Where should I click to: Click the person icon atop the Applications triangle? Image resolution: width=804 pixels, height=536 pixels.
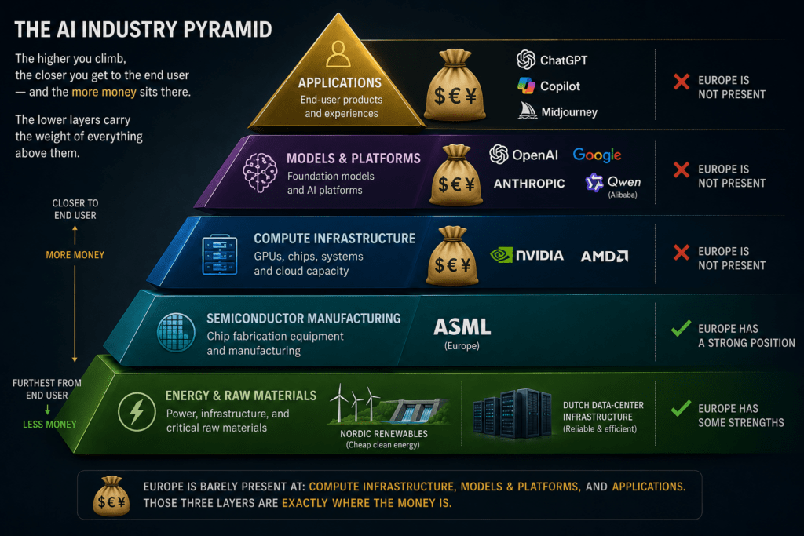point(338,54)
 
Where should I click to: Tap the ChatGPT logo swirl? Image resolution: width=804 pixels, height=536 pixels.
point(526,60)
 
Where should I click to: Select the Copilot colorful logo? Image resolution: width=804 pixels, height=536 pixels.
point(526,86)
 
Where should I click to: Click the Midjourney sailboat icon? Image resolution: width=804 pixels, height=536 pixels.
point(527,111)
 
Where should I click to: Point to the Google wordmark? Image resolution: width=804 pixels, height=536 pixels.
point(597,155)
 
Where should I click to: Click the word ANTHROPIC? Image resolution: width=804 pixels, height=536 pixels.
point(529,184)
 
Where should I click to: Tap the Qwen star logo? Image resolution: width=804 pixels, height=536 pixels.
point(594,182)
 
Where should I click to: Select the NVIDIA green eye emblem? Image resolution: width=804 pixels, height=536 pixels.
point(502,255)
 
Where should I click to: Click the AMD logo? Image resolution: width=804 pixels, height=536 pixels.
point(604,256)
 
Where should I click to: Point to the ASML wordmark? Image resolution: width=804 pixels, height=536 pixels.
point(462,327)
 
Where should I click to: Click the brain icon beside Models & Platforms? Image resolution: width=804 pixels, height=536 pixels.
point(260,173)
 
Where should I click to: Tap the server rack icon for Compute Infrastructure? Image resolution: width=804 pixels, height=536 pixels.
point(220,255)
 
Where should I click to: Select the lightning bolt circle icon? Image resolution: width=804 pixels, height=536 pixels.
point(137,411)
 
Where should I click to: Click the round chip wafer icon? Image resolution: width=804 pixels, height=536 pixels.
point(176,333)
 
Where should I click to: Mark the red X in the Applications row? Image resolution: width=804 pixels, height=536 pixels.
point(682,82)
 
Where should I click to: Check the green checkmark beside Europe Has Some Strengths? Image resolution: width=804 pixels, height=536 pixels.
point(681,408)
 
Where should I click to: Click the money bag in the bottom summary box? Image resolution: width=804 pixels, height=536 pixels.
point(111,496)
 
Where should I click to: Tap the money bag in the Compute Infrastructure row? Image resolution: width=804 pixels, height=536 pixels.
point(452,256)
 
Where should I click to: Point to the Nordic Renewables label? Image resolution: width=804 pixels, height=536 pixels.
point(383,433)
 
